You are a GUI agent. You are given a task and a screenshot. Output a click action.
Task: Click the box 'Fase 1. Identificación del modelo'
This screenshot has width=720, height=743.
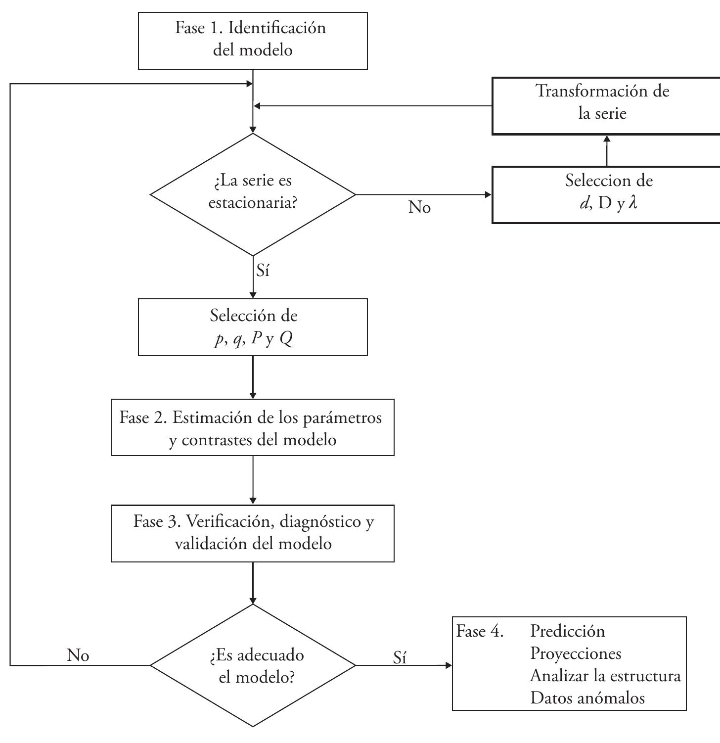(x=253, y=41)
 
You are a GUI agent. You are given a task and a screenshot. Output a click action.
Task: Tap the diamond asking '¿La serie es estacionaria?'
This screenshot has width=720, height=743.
(x=253, y=194)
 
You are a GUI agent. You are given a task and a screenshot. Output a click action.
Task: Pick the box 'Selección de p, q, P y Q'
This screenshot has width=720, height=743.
(x=253, y=327)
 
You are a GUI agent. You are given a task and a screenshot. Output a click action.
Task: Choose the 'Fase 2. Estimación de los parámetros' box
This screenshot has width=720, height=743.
(x=253, y=427)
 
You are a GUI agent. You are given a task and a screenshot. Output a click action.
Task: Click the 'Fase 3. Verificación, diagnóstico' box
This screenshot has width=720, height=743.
(x=253, y=533)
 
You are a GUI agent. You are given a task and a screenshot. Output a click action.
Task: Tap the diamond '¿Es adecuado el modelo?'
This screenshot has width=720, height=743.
(x=253, y=665)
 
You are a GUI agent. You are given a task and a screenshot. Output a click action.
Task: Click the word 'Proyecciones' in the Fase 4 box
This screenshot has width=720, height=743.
(x=576, y=653)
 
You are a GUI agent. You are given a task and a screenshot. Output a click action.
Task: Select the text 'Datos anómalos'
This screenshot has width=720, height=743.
(x=587, y=698)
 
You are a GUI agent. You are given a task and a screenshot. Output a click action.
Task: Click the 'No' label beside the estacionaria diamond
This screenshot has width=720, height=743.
(x=419, y=208)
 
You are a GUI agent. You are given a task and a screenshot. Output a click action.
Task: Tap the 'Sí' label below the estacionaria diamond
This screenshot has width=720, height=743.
(x=263, y=271)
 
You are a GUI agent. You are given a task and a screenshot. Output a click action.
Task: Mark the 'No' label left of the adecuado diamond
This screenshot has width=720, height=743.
(x=78, y=655)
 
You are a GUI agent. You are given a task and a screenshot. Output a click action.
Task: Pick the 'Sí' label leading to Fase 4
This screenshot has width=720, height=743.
(x=400, y=657)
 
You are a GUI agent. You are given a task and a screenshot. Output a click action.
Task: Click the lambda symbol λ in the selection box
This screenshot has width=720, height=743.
(x=631, y=203)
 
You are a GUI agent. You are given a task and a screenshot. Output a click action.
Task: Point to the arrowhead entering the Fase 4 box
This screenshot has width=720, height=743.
(x=449, y=665)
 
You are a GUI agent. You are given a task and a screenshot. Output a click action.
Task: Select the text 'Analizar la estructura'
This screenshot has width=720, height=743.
(x=605, y=676)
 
